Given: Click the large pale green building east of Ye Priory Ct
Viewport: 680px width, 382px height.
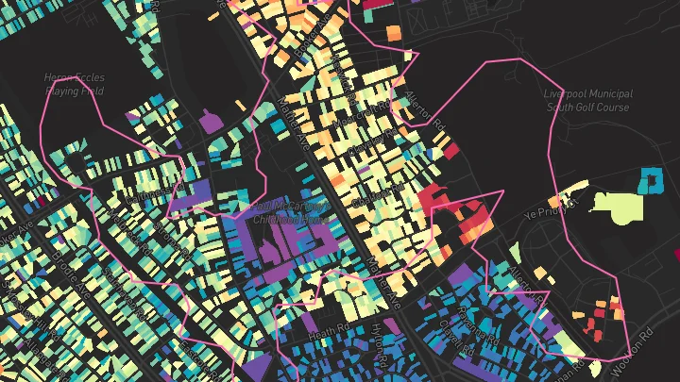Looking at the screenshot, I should (620, 205).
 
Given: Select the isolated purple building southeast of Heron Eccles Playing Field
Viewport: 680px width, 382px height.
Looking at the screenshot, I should (209, 121).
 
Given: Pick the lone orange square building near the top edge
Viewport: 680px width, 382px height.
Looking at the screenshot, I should (394, 33).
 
